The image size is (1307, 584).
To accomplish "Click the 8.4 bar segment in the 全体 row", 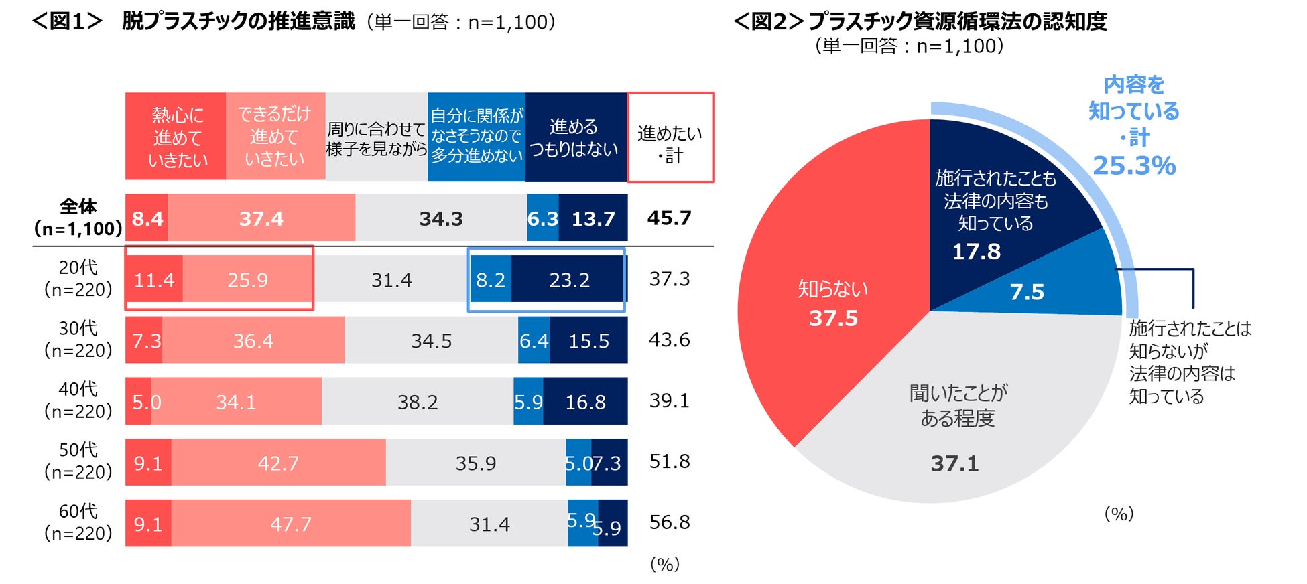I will (x=147, y=218).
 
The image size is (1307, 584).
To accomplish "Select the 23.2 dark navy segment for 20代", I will (x=568, y=280).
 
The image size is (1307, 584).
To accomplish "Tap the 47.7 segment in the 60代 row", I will (x=291, y=524).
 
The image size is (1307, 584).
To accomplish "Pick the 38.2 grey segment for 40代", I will (x=418, y=402).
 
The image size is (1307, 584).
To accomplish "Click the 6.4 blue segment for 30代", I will (x=534, y=341).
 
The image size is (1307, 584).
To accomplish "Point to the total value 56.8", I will (x=669, y=522).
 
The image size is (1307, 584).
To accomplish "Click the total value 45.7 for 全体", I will (x=669, y=218).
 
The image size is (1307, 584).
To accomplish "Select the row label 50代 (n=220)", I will (x=78, y=461).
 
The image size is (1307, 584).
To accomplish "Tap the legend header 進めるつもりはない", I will (x=574, y=137).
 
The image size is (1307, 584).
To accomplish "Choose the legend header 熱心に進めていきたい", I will (x=176, y=137).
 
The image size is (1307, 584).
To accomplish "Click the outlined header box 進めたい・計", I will (x=670, y=137).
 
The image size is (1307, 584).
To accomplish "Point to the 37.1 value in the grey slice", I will (x=954, y=463).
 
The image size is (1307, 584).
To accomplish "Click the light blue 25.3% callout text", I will (x=1134, y=165).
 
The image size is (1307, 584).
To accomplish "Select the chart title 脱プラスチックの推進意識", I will (x=238, y=21).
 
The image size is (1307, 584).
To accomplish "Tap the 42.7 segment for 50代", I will (x=277, y=463).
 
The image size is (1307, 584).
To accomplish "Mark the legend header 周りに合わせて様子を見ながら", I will (x=376, y=137).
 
